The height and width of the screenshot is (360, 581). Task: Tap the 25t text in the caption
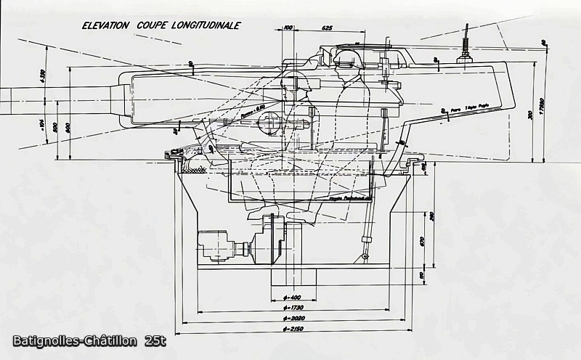point(155,341)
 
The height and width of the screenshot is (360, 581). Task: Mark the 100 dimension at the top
point(288,28)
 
